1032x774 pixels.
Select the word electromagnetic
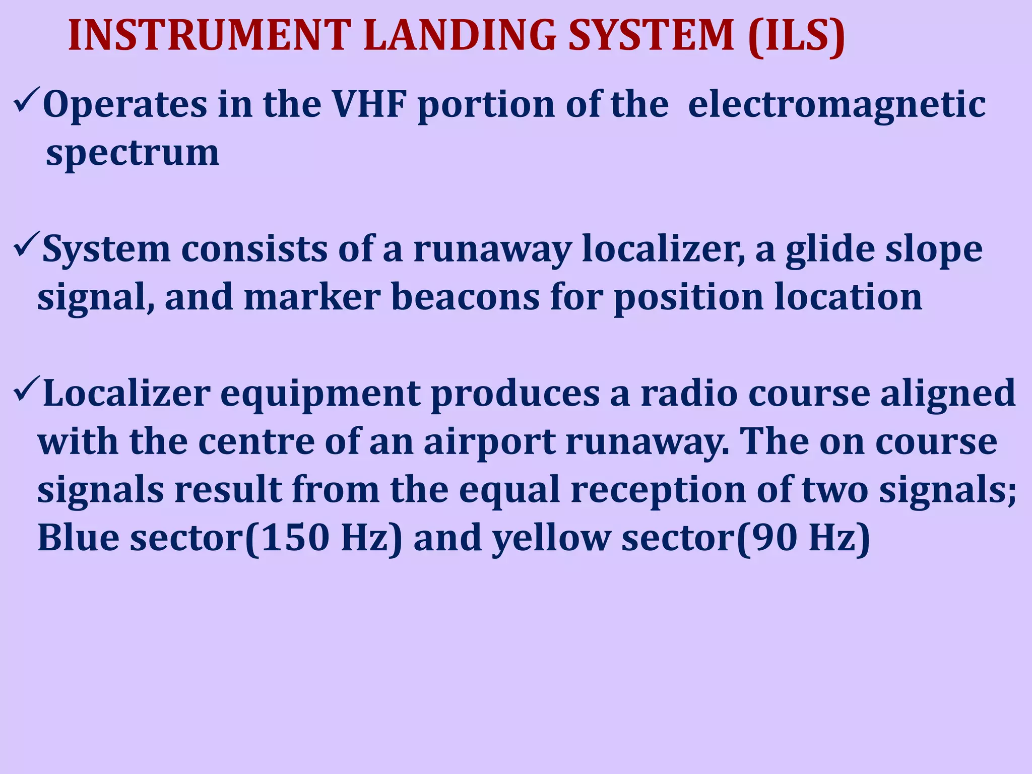[x=836, y=105]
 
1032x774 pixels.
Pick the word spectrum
[x=133, y=153]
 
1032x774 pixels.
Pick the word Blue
[x=79, y=538]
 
